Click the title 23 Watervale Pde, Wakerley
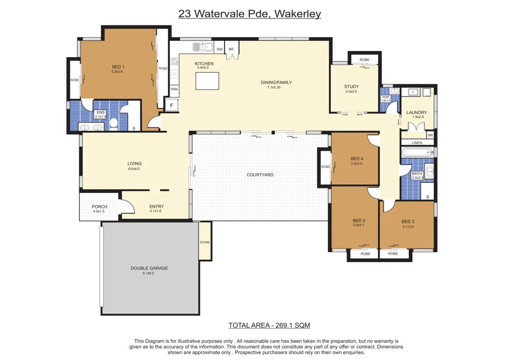point(249,14)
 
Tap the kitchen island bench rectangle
point(207,81)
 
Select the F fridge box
point(172,105)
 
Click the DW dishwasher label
point(220,49)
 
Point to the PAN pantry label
point(174,89)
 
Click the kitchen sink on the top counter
point(203,47)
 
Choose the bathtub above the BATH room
point(417,152)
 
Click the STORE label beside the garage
point(205,242)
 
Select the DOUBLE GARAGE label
point(149,268)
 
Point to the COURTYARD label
point(260,175)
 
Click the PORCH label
point(99,206)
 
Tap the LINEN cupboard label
point(417,143)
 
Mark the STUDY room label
point(352,87)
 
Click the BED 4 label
point(357,159)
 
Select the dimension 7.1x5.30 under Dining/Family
point(274,87)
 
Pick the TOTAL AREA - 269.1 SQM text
point(269,325)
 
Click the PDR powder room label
point(386,97)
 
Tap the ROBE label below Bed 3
point(393,254)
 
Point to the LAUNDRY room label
point(417,113)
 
